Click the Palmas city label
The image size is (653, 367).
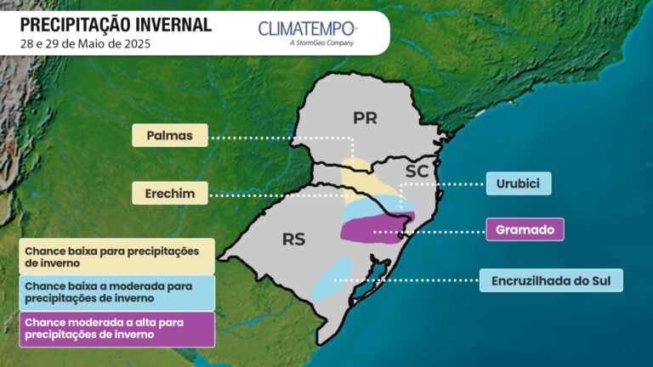170,135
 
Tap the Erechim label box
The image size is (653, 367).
170,194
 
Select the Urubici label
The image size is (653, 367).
519,183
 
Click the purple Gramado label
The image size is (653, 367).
525,229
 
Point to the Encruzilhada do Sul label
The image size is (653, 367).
551,280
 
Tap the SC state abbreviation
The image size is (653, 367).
416,172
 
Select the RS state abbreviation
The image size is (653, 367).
294,240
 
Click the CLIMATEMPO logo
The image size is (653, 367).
308,29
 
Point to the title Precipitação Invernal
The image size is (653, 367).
115,24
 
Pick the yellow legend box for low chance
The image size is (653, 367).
116,257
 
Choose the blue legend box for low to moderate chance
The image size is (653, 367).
116,292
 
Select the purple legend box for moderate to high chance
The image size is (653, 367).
116,329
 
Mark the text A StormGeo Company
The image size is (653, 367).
321,42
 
